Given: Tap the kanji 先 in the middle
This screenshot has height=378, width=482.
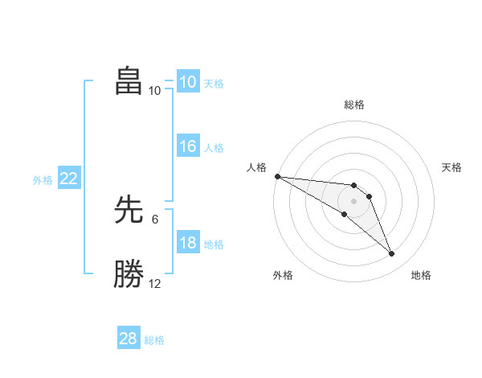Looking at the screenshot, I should tap(129, 212).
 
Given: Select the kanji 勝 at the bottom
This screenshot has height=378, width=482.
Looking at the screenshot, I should tap(129, 274).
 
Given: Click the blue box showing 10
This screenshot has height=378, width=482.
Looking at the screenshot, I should tap(187, 82).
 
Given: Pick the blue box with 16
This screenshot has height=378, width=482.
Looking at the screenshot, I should tap(187, 146).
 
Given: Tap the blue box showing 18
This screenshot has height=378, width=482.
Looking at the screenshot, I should tap(187, 243).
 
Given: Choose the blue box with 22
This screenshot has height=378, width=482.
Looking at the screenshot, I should tap(68, 179).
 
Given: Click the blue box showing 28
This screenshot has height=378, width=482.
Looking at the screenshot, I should tap(129, 339).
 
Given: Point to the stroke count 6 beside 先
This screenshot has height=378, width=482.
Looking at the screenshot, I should tap(155, 219).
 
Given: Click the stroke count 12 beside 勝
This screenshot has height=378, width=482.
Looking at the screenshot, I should tap(155, 283).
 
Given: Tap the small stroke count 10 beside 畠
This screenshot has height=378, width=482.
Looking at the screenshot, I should tap(155, 90).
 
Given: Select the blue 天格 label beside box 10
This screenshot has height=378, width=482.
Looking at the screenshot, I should tap(214, 84).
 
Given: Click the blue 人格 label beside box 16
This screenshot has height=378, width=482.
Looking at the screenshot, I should tap(214, 148).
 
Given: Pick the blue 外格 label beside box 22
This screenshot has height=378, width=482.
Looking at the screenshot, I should tap(43, 180).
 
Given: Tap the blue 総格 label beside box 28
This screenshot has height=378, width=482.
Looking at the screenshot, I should tap(154, 340).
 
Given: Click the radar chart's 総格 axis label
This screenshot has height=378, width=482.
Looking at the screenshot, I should tap(354, 105).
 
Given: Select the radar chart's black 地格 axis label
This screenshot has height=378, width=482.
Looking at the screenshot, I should tap(421, 275).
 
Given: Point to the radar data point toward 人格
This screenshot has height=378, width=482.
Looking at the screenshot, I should tap(277, 176).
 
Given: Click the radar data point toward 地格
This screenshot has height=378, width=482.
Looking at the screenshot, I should tap(392, 254).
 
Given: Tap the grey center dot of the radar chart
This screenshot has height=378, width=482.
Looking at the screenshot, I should tap(354, 200).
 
